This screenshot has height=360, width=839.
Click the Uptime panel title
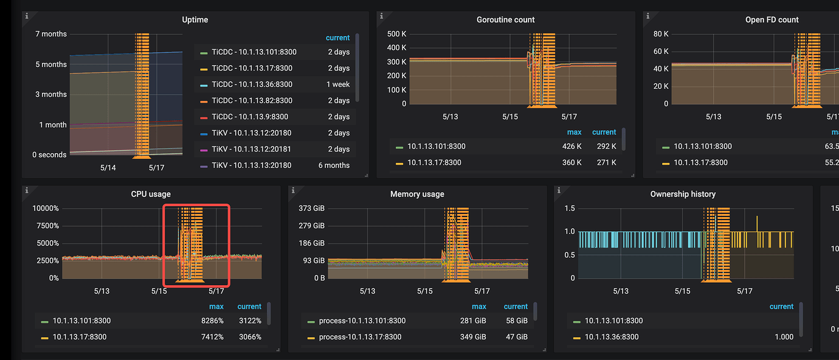pos(195,20)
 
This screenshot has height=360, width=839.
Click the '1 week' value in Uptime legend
pos(337,85)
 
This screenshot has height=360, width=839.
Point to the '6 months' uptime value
pos(334,165)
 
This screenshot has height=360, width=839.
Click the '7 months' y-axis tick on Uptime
pos(51,34)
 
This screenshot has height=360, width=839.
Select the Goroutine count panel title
pos(505,20)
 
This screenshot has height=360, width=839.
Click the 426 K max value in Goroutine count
pos(572,147)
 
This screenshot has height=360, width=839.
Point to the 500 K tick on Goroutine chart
pos(396,34)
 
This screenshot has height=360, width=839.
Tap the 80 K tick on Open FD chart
pos(661,34)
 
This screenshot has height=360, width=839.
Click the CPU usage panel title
pos(151,195)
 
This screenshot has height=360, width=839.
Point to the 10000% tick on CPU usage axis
pos(46,209)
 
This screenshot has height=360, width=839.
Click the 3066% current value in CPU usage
pos(249,337)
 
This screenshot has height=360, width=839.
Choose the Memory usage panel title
pos(417,195)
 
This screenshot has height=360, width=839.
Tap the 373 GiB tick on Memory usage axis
pos(311,209)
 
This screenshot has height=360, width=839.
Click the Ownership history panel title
pos(683,195)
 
